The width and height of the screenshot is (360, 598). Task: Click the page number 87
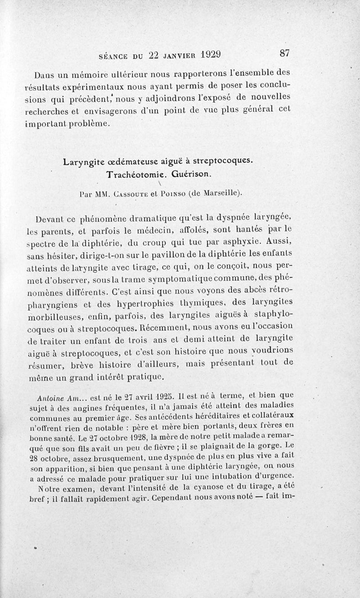[284, 53]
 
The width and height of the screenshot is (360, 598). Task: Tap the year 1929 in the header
[207, 54]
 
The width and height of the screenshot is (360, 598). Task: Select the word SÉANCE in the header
[113, 56]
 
